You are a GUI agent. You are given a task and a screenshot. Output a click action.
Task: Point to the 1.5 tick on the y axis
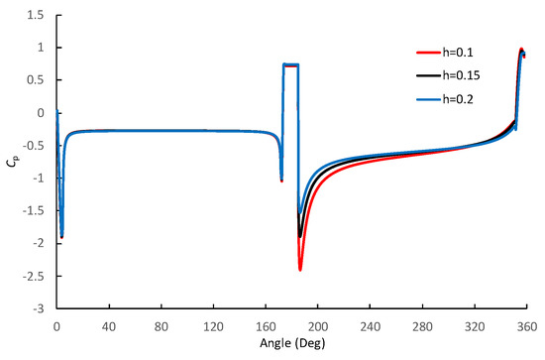(36, 16)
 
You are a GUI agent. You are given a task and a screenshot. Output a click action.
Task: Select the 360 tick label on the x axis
(526, 324)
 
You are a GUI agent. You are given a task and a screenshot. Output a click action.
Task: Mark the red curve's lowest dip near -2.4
(299, 270)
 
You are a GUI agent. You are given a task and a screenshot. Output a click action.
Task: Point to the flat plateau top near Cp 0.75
(291, 65)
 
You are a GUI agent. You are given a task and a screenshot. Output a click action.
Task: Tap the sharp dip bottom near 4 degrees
(61, 237)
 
